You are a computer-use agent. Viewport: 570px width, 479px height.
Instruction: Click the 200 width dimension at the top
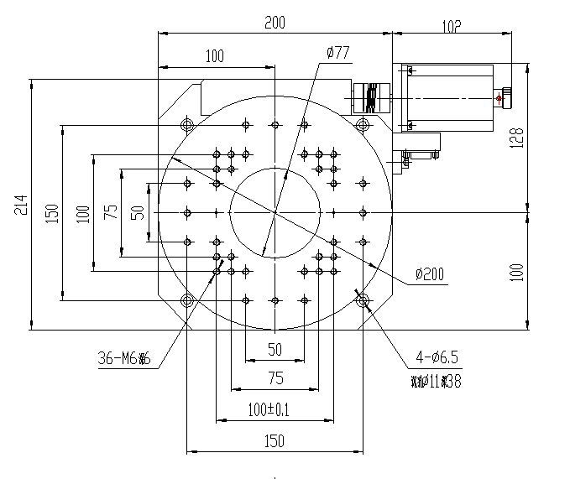click(275, 23)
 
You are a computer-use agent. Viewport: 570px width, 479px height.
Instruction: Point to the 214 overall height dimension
click(21, 206)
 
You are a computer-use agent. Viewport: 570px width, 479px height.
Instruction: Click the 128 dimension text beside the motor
click(517, 138)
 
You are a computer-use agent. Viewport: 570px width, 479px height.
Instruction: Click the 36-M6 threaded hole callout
click(123, 360)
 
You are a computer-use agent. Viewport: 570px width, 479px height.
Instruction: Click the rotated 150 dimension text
click(52, 212)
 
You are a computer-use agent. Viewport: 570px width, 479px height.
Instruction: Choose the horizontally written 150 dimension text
click(275, 440)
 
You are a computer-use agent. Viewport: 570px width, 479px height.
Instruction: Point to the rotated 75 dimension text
click(110, 212)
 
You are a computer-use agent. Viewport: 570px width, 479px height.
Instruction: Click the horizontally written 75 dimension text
click(275, 378)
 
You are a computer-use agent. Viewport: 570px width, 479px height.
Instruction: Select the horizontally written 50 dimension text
click(275, 349)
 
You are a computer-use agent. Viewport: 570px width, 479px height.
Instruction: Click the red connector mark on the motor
click(499, 99)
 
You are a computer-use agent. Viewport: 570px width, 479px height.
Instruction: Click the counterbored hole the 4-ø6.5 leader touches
click(362, 299)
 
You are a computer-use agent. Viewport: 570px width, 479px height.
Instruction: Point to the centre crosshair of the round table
click(275, 212)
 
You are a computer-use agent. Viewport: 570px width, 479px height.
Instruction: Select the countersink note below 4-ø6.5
click(437, 382)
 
